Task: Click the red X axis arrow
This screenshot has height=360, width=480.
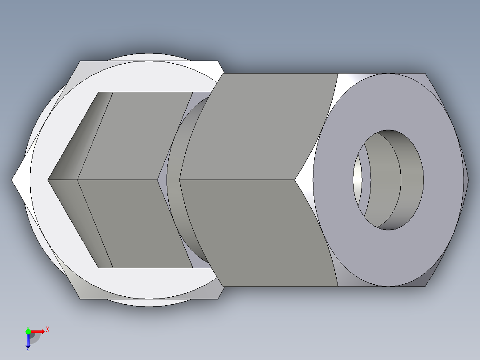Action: point(38,331)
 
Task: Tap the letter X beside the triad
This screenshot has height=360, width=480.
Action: point(47,330)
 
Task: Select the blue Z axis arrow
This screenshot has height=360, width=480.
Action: point(28,341)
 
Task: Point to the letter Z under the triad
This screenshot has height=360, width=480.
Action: point(28,349)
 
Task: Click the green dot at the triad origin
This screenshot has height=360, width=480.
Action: point(28,331)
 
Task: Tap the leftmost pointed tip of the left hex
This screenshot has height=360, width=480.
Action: point(12,180)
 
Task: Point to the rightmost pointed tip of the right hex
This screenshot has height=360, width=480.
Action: point(468,180)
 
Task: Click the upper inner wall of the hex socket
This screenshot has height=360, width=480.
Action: point(134,134)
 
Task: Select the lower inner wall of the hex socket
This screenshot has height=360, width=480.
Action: point(134,223)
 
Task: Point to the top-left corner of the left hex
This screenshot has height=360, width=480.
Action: point(80,61)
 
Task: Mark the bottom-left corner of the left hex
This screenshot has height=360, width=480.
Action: point(80,299)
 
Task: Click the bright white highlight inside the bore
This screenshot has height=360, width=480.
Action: point(358,178)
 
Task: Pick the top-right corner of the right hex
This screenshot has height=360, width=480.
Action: point(425,74)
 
